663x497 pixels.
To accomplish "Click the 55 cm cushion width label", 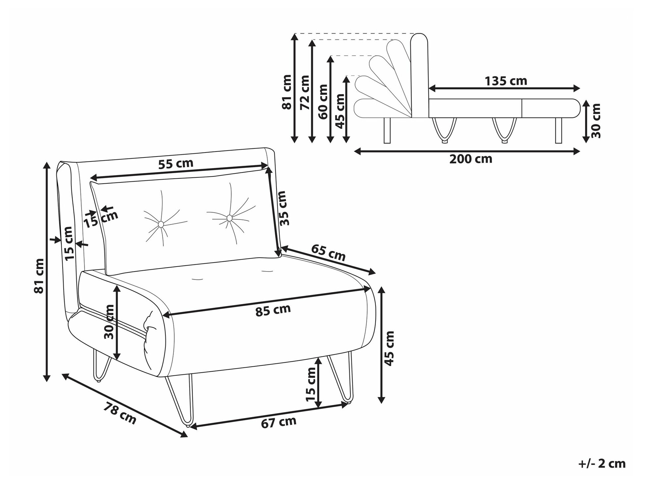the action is (x=176, y=164).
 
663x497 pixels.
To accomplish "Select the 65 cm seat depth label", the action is (x=329, y=252).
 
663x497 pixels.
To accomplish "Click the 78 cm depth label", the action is (x=120, y=413).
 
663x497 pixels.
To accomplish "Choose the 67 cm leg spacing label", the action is (x=278, y=422).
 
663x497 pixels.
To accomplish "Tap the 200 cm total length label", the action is (x=471, y=159).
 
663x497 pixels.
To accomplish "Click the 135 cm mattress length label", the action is (x=506, y=81).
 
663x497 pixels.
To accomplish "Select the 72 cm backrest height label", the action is (x=305, y=92).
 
